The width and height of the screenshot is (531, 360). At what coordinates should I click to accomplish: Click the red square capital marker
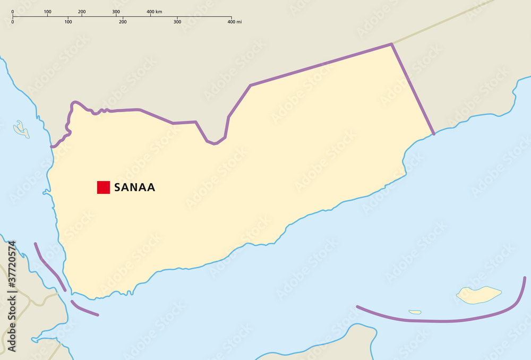(103, 187)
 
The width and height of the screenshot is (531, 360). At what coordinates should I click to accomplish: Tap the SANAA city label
(134, 187)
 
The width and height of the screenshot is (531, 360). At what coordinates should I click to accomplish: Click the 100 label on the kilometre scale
(47, 11)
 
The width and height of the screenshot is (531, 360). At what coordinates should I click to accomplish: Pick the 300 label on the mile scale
(177, 22)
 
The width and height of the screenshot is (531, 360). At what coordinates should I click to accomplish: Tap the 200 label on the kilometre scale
(82, 11)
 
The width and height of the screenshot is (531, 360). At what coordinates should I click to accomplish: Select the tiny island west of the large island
(415, 312)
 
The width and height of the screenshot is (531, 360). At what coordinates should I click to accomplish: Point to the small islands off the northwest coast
(22, 130)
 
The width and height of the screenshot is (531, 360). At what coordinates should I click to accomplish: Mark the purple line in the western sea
(49, 267)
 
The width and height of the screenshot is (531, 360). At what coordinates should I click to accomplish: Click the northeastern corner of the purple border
(391, 44)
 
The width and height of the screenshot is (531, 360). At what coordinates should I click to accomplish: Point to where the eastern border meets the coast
(433, 134)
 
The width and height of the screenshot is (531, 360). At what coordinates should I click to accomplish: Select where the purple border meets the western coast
(52, 146)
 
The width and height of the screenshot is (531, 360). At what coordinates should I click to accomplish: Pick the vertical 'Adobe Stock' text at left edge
(12, 324)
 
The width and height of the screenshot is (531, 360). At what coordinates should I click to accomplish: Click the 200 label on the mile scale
(123, 22)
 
